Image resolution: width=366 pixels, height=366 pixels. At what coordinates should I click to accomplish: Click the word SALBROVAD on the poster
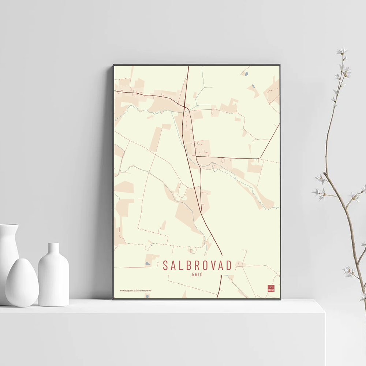tap(197, 265)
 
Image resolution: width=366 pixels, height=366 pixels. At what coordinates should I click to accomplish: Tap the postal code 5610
tap(197, 274)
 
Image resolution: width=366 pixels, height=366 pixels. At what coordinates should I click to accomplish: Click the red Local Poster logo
tap(271, 288)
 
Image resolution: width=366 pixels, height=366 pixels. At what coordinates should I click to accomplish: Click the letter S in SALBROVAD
tap(165, 265)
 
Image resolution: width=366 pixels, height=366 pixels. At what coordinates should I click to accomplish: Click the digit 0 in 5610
tap(201, 274)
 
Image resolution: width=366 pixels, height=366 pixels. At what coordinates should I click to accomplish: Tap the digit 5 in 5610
tap(193, 274)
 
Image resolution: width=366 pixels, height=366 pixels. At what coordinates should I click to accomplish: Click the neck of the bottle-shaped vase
tap(53, 249)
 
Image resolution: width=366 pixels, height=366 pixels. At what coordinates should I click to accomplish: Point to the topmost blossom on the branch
tap(342, 51)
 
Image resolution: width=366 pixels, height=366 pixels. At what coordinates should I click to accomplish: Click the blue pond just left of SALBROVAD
tap(147, 263)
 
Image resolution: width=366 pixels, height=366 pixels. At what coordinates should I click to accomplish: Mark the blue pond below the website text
tap(147, 295)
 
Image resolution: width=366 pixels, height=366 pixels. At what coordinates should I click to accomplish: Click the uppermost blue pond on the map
tap(246, 74)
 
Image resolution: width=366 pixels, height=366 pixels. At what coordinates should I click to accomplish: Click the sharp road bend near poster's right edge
tap(260, 158)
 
